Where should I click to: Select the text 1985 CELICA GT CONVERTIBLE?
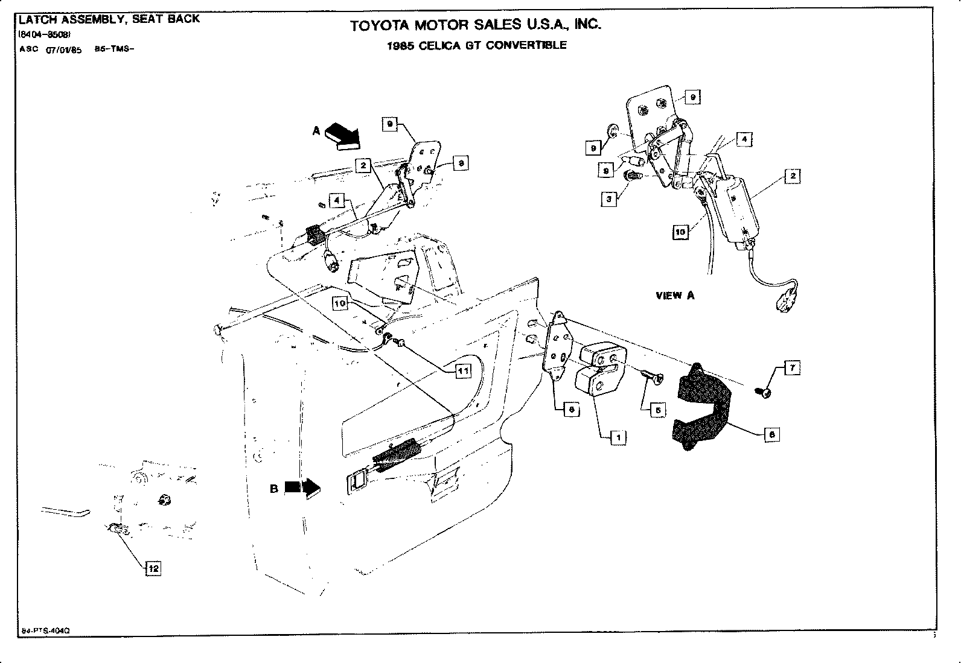(477, 45)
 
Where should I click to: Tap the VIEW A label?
(675, 296)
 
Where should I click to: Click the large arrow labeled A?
(342, 135)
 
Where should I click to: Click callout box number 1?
(618, 437)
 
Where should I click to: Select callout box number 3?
(610, 200)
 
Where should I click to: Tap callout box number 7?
(792, 367)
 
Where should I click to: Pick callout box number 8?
(771, 434)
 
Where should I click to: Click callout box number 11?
(462, 372)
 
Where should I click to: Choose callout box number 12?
(153, 568)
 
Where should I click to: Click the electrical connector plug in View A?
(787, 298)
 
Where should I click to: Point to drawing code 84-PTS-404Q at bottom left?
(46, 630)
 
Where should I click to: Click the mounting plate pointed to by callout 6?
(558, 347)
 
